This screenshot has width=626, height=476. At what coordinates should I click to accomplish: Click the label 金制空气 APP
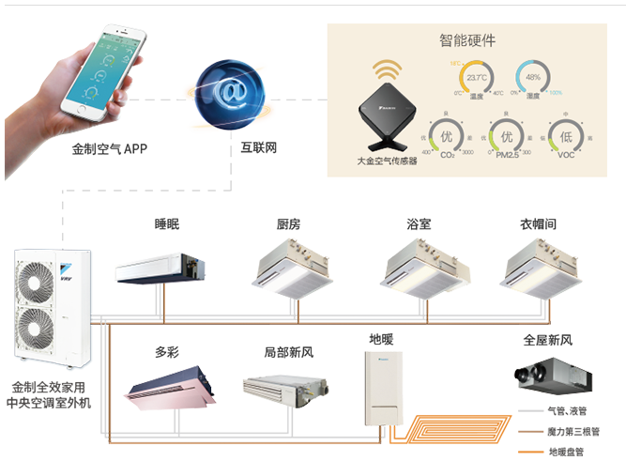tap(110, 148)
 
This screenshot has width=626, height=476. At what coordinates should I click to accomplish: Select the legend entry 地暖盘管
tap(566, 453)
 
